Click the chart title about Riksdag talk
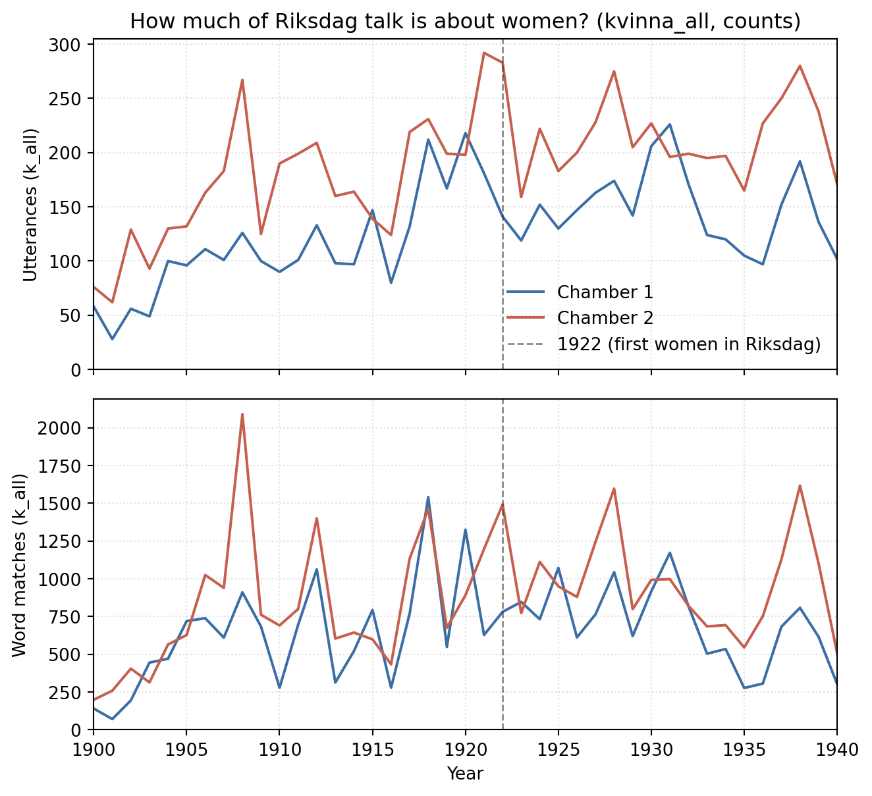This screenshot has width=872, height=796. [x=465, y=21]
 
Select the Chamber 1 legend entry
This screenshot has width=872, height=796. [x=580, y=292]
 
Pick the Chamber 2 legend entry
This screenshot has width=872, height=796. [x=580, y=318]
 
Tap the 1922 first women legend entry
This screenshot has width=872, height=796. [x=664, y=344]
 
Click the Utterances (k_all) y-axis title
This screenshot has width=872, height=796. [x=30, y=205]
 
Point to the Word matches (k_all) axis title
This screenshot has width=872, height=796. [x=20, y=565]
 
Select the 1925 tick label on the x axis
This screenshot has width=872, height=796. [x=559, y=751]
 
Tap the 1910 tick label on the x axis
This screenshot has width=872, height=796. [x=279, y=751]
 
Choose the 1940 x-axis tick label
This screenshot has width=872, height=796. [x=837, y=751]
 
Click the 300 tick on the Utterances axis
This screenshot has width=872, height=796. [x=65, y=45]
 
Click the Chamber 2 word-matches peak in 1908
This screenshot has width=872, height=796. [x=242, y=414]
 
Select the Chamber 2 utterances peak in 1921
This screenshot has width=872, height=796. [x=484, y=53]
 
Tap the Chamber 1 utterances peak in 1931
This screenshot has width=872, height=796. [x=670, y=124]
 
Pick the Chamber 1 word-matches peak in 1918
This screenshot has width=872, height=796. [x=428, y=497]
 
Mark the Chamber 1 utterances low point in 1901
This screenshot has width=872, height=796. [x=112, y=339]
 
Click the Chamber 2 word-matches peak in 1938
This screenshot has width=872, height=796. [x=800, y=486]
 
